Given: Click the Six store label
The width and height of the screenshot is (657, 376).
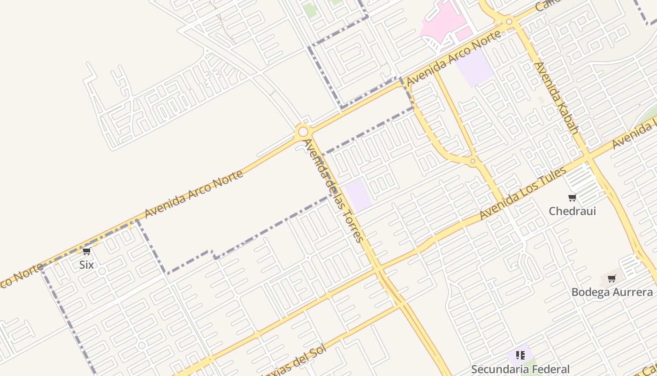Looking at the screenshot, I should pos(86,265).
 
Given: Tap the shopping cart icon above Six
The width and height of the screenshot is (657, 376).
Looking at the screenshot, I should pos(86,251).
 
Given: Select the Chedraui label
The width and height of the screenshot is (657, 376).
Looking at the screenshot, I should pos(572,211).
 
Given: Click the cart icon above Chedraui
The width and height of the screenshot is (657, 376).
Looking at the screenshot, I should pos(572,198).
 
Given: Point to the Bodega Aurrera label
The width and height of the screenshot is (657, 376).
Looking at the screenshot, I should pos(611,292).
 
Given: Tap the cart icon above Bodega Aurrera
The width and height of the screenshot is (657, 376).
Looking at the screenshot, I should pos(611,279).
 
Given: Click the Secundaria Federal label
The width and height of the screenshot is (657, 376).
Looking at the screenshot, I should pos(520,369).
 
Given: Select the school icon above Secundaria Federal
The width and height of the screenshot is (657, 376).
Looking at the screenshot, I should pos(520,355).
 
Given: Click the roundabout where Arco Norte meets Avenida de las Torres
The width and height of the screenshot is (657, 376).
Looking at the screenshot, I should pos(303,132).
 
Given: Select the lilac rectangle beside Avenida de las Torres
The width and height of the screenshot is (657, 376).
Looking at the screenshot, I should pos(359,195).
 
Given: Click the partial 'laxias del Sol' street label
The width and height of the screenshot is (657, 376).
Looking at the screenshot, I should pos(293,364).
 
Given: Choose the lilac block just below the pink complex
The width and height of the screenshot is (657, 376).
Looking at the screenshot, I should pos(475,68).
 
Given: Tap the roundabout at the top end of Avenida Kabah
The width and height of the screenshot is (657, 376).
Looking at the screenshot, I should pos(509,21).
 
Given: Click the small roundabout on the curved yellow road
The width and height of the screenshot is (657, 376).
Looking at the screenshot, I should pos(473,161).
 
